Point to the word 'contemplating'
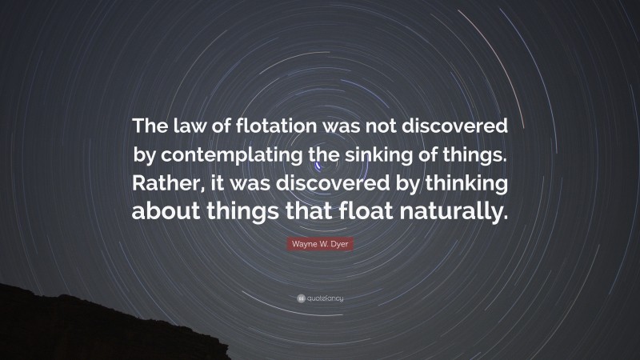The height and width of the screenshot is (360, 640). point(245,156)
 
